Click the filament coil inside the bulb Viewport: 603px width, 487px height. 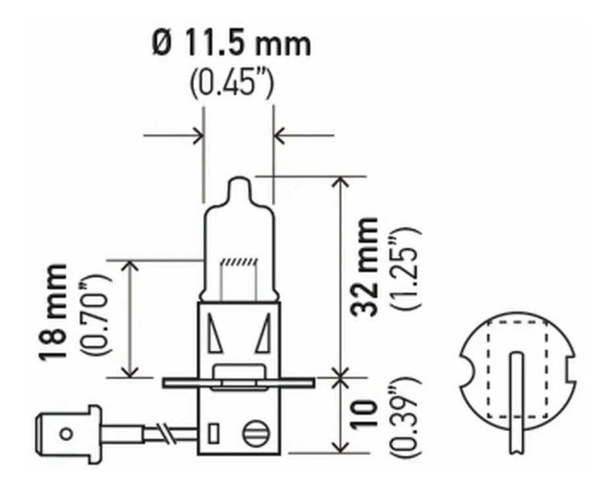238,262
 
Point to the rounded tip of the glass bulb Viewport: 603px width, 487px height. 238,181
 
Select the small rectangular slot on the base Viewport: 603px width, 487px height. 214,434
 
